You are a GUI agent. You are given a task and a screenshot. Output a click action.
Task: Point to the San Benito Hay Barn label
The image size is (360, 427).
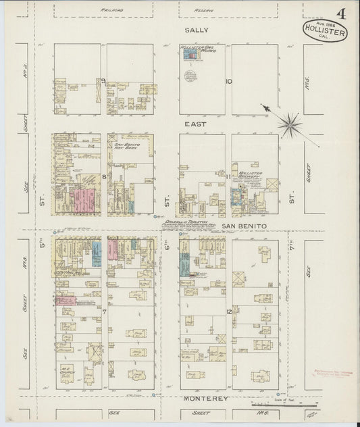126,147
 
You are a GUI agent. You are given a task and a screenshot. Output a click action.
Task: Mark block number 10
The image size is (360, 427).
229,82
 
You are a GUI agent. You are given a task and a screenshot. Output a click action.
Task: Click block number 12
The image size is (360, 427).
230,311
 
